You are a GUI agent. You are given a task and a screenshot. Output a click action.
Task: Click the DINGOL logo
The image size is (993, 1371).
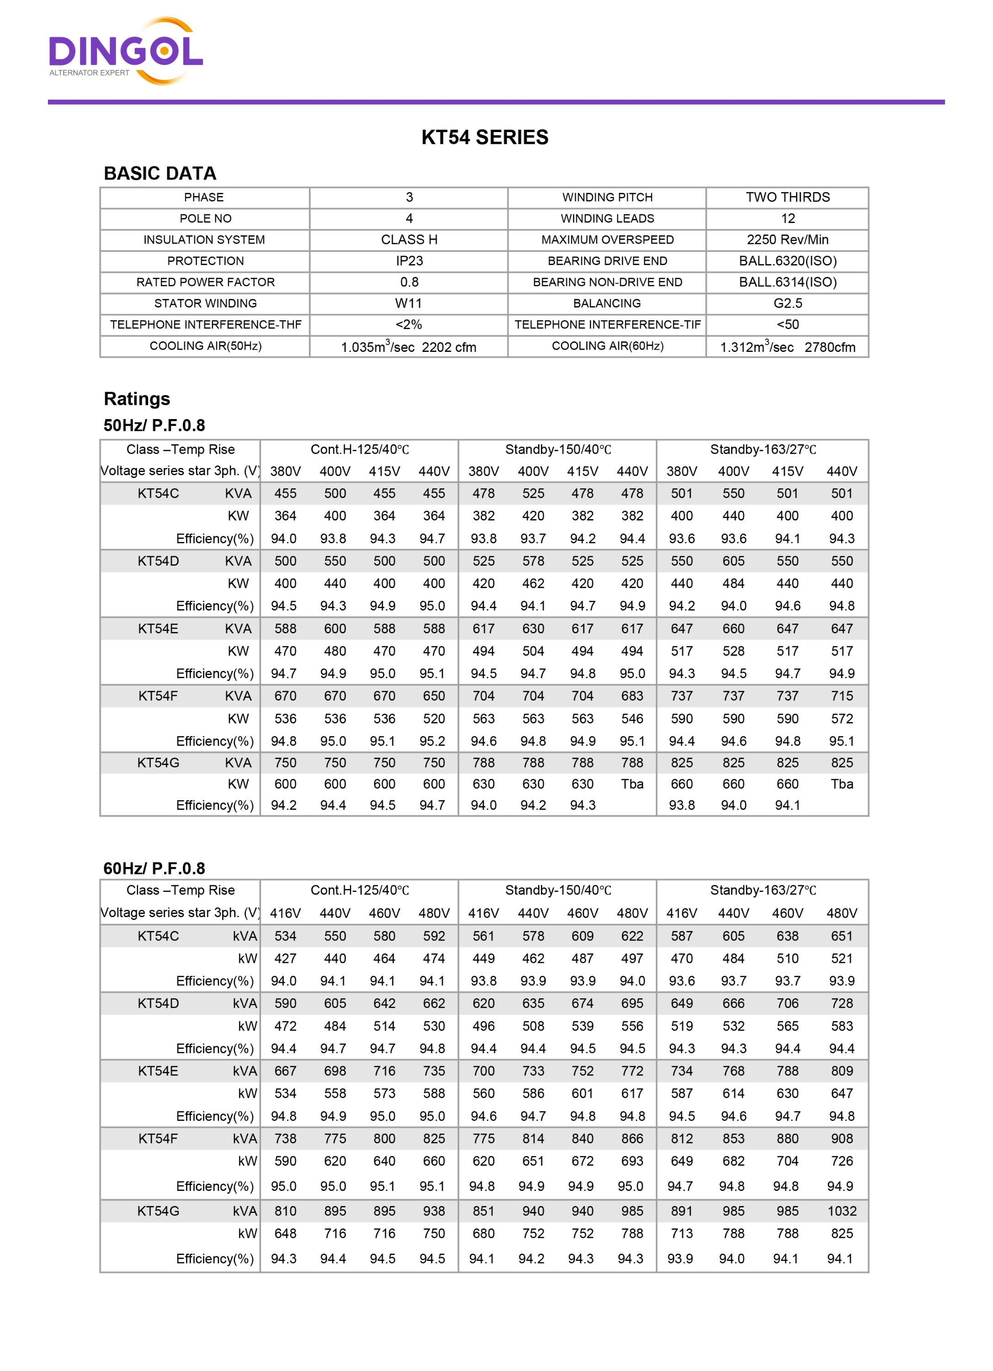click(x=125, y=51)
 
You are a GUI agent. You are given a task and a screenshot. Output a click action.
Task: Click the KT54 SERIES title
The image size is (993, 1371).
click(x=485, y=137)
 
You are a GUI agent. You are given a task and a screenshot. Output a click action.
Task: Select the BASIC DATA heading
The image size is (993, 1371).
click(x=160, y=174)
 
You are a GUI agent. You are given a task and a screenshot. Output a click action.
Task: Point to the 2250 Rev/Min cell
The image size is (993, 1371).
click(x=787, y=239)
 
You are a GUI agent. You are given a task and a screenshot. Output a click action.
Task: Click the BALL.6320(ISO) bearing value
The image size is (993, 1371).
click(x=787, y=260)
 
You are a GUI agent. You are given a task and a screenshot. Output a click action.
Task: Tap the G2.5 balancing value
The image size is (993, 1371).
click(x=787, y=303)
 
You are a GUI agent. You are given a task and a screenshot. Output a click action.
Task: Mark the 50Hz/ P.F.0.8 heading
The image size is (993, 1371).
click(x=154, y=425)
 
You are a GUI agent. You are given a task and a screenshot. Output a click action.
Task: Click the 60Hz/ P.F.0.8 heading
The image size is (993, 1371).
click(x=154, y=869)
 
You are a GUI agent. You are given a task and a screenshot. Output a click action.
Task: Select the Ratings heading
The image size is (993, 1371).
click(x=137, y=399)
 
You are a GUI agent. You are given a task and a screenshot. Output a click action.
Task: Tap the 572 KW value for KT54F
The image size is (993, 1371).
click(x=842, y=719)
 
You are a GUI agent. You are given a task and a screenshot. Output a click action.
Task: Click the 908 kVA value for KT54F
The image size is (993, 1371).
click(x=842, y=1138)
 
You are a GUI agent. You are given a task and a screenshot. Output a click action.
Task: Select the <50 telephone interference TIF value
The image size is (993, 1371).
click(x=787, y=324)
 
